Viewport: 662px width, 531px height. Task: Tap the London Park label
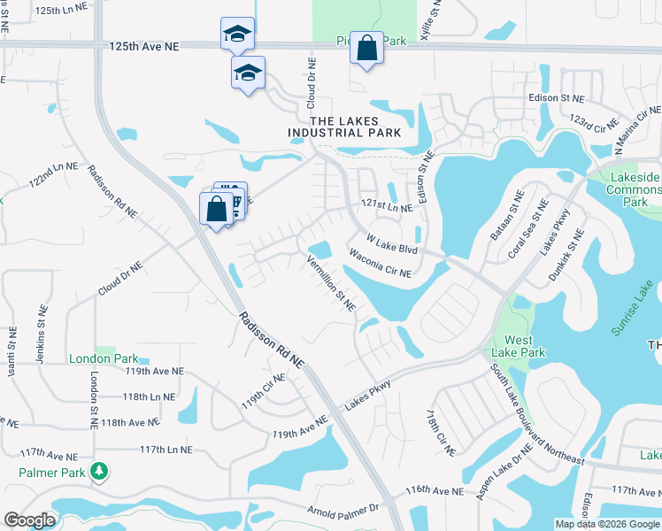click(104, 358)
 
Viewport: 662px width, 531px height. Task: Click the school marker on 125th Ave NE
click(237, 34)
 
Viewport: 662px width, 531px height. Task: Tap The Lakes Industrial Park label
click(344, 127)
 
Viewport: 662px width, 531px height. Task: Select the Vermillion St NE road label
click(330, 283)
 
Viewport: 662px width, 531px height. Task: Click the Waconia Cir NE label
click(381, 263)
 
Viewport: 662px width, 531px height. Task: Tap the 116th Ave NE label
click(434, 490)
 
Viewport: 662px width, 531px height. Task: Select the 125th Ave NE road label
click(143, 45)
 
